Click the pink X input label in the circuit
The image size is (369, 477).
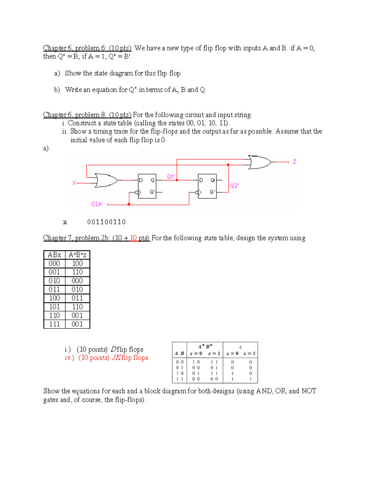(74, 183)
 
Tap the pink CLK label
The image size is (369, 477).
(97, 204)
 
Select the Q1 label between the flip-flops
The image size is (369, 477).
(170, 176)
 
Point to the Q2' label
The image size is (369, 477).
(234, 186)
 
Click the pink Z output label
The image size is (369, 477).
(294, 162)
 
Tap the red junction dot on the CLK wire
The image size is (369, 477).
(129, 204)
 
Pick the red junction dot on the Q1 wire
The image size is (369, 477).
(177, 180)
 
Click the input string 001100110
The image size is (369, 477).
(106, 222)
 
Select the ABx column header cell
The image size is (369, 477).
(54, 255)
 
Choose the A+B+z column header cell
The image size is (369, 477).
(77, 255)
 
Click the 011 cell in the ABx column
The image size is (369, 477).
(54, 289)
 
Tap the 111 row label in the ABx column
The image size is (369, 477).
(54, 324)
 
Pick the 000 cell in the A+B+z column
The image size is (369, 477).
(77, 281)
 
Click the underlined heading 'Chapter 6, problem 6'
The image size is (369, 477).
(87, 48)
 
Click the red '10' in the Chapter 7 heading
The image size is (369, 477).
(133, 238)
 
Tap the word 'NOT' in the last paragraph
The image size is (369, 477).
(309, 391)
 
